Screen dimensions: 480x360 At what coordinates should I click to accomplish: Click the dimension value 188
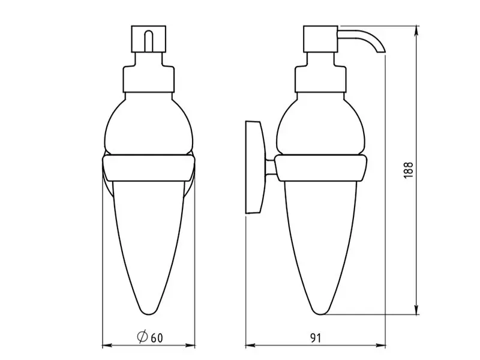point(409,170)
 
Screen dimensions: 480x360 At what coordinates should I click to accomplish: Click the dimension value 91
point(316,338)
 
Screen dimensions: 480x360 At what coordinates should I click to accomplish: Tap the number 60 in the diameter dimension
point(157,338)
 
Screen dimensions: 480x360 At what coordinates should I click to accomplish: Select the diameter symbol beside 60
point(142,337)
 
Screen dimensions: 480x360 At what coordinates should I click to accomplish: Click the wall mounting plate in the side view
point(254,167)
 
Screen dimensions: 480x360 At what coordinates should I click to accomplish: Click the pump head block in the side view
point(320,39)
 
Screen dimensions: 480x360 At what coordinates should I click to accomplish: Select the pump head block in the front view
point(149,39)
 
